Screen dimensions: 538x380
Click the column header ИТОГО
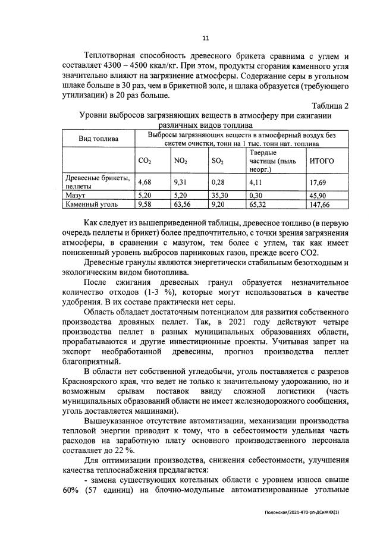322,161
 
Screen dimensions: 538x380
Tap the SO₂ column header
218,161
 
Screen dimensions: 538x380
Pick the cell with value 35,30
221,194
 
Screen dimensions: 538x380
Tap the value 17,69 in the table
319,183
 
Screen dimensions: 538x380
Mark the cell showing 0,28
218,183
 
